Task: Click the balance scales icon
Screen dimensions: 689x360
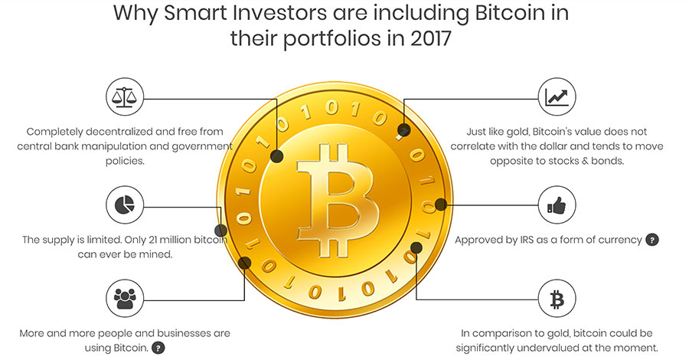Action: [124, 97]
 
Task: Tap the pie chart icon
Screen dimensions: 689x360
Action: [124, 205]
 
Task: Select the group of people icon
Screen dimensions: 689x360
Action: [125, 299]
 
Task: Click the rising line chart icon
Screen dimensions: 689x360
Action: [557, 97]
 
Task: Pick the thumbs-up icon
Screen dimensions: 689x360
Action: [557, 205]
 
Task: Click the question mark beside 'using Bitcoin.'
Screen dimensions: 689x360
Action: [158, 349]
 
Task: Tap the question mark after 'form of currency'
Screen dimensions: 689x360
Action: [652, 240]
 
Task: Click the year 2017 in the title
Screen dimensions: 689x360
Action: [430, 38]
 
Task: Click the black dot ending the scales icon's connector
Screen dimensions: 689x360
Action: [276, 156]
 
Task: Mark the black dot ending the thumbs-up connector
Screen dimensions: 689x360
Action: [441, 205]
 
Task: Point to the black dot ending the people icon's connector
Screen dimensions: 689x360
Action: [244, 263]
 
